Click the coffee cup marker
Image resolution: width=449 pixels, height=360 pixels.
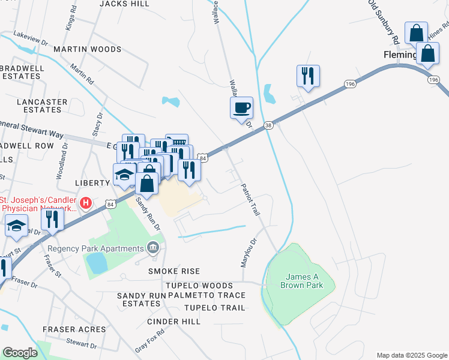[x=241, y=109]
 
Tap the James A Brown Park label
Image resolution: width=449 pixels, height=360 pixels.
[x=301, y=281]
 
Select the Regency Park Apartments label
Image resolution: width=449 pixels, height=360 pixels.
[x=97, y=248]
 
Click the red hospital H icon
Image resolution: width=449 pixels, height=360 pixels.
[x=86, y=203]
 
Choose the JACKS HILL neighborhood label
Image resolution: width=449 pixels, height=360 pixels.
[x=124, y=4]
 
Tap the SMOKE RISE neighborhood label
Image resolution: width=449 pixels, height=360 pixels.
[x=174, y=272]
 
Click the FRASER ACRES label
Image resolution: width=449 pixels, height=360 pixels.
[x=74, y=329]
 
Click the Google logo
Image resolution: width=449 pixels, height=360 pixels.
[x=20, y=353]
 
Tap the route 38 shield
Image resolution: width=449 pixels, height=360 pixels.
[x=268, y=125]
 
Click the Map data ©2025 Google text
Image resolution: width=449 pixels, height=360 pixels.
[x=411, y=355]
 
